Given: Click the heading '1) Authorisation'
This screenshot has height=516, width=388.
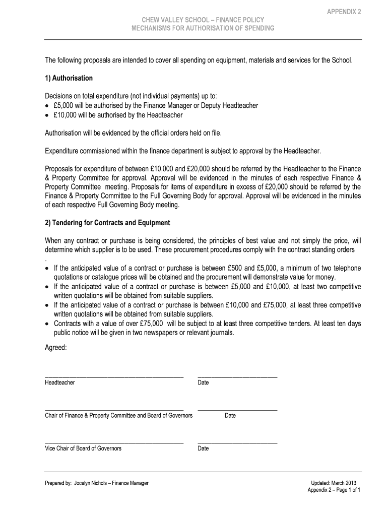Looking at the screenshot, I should tap(69, 78).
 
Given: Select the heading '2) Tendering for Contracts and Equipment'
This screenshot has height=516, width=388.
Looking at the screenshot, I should tap(107, 222).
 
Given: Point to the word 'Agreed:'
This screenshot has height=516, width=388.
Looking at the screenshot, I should tap(55, 347).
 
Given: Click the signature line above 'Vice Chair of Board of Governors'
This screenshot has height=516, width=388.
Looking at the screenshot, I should tap(114, 443).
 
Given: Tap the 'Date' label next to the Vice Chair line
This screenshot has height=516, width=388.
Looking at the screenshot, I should tap(203, 448).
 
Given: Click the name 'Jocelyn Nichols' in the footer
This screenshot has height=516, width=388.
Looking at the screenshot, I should tap(91, 483).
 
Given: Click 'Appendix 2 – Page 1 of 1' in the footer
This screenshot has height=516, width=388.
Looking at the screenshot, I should tap(334, 490).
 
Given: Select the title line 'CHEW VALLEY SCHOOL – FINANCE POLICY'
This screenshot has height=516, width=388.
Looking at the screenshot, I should tap(203, 20).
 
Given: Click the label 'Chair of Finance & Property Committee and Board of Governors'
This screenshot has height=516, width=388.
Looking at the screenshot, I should tap(118, 416).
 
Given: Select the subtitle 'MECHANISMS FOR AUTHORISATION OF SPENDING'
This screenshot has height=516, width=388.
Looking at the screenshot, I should tap(203, 28).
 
